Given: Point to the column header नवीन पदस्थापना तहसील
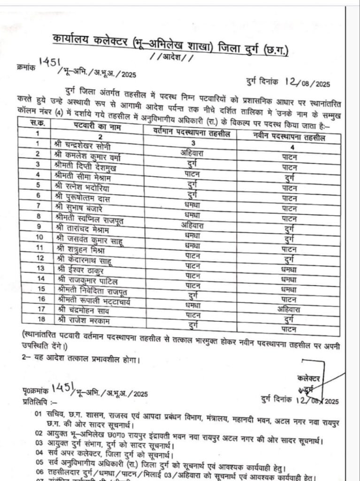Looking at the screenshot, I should click(x=289, y=136).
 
